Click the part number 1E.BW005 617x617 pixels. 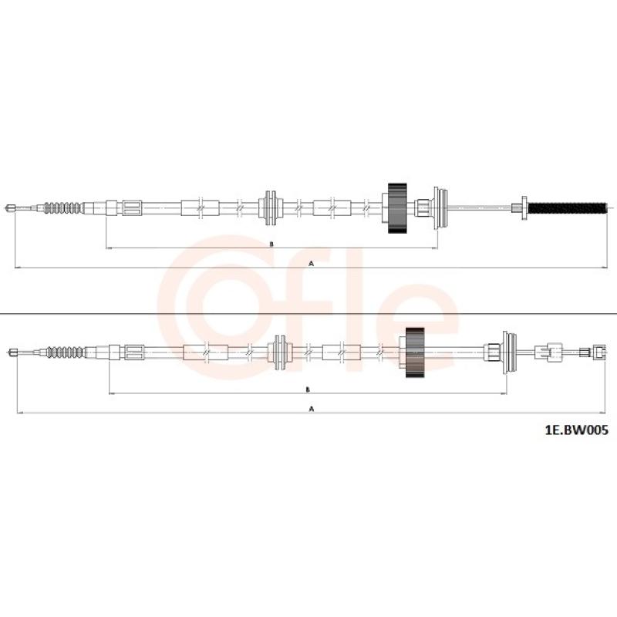(x=576, y=430)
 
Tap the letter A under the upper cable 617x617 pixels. (x=312, y=264)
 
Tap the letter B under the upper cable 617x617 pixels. (x=271, y=244)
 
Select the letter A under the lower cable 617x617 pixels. (x=312, y=409)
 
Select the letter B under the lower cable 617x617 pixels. (x=308, y=389)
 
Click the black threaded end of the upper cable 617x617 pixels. (x=568, y=207)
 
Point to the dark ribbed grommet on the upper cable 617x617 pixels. (x=397, y=208)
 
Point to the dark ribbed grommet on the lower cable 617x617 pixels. (x=415, y=352)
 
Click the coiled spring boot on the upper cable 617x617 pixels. (x=63, y=207)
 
